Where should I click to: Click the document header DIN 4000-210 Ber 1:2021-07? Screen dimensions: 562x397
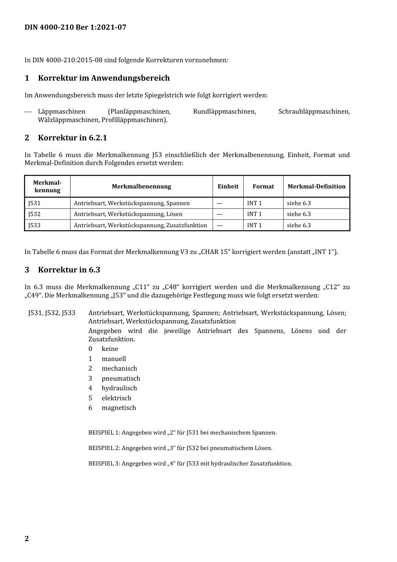click(x=75, y=28)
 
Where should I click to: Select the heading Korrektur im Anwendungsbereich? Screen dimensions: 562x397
click(x=104, y=78)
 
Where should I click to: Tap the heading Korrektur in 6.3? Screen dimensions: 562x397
click(x=69, y=270)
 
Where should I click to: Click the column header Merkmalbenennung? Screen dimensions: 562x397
click(x=141, y=187)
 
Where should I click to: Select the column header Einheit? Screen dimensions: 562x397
click(x=228, y=187)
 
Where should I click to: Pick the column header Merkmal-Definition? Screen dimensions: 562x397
click(x=316, y=187)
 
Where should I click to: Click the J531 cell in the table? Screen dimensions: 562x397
click(x=35, y=203)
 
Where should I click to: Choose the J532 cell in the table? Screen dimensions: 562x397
click(x=35, y=214)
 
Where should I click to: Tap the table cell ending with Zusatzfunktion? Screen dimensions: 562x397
click(x=140, y=226)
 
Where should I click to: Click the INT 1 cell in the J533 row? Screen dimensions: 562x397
click(x=254, y=226)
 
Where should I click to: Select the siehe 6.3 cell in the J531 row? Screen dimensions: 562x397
click(x=299, y=203)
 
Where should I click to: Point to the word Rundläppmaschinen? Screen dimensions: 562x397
click(x=224, y=112)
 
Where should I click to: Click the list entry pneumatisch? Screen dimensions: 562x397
click(x=121, y=379)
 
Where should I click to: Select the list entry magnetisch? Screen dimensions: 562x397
click(x=119, y=408)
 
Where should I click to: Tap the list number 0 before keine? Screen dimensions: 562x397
click(x=90, y=349)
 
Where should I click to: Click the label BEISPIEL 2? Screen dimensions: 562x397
click(x=104, y=448)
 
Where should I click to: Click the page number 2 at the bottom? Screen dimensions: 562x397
click(x=27, y=539)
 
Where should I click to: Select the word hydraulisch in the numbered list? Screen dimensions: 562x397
click(x=119, y=388)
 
